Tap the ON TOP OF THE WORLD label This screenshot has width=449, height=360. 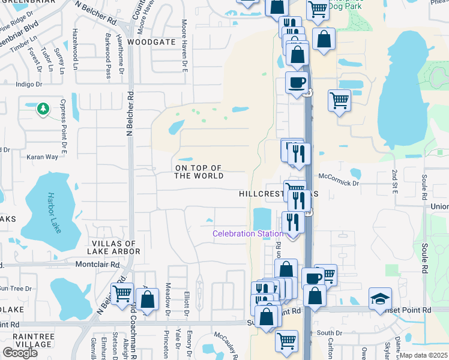click(199, 172)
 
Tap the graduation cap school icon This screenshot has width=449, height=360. click(380, 299)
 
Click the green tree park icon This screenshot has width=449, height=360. click(43, 109)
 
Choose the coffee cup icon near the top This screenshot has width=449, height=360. click(297, 82)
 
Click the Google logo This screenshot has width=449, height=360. click(20, 353)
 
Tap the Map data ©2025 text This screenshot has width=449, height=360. click(423, 355)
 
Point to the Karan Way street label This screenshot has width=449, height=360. click(43, 157)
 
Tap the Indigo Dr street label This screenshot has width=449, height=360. click(29, 85)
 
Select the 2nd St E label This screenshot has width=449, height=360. click(395, 181)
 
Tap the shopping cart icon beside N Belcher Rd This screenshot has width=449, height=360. click(122, 293)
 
